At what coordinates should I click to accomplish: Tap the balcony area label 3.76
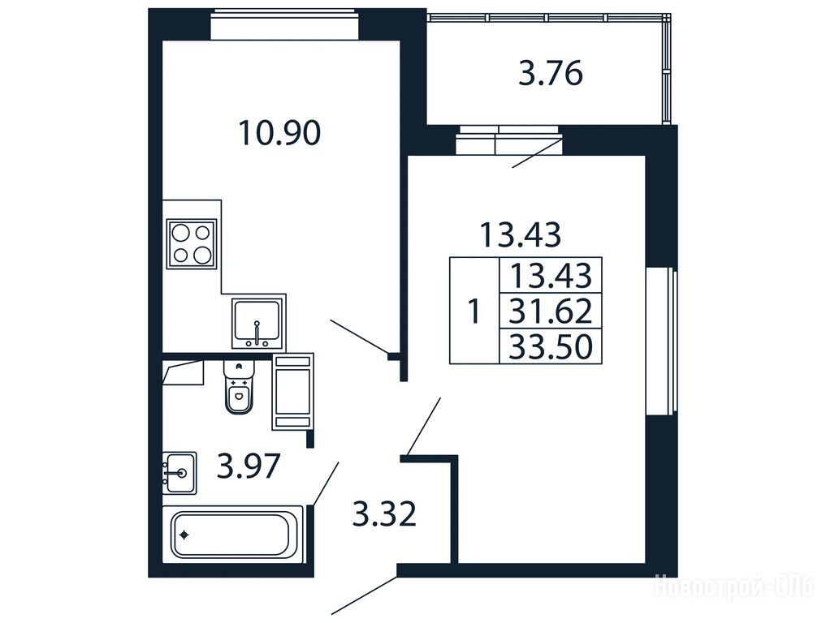(x=551, y=73)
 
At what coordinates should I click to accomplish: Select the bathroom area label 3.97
(x=248, y=466)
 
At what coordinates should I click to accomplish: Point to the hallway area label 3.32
(x=384, y=514)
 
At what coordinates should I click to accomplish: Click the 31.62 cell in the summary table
(x=551, y=311)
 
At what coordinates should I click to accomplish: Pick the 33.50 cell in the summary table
(x=551, y=346)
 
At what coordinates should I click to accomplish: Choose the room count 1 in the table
(x=474, y=311)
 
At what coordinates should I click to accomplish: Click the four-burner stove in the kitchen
(x=192, y=243)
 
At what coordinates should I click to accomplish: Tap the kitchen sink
(x=257, y=324)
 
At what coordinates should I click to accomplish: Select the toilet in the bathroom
(x=239, y=387)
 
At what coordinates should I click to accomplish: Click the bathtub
(x=232, y=535)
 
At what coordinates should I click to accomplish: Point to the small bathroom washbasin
(x=179, y=473)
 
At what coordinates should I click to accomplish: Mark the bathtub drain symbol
(x=184, y=535)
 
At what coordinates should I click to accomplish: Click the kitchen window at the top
(x=284, y=24)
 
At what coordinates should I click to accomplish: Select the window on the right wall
(x=662, y=342)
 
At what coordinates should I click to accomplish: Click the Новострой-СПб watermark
(x=733, y=586)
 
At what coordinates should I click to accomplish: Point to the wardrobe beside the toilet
(x=293, y=392)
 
